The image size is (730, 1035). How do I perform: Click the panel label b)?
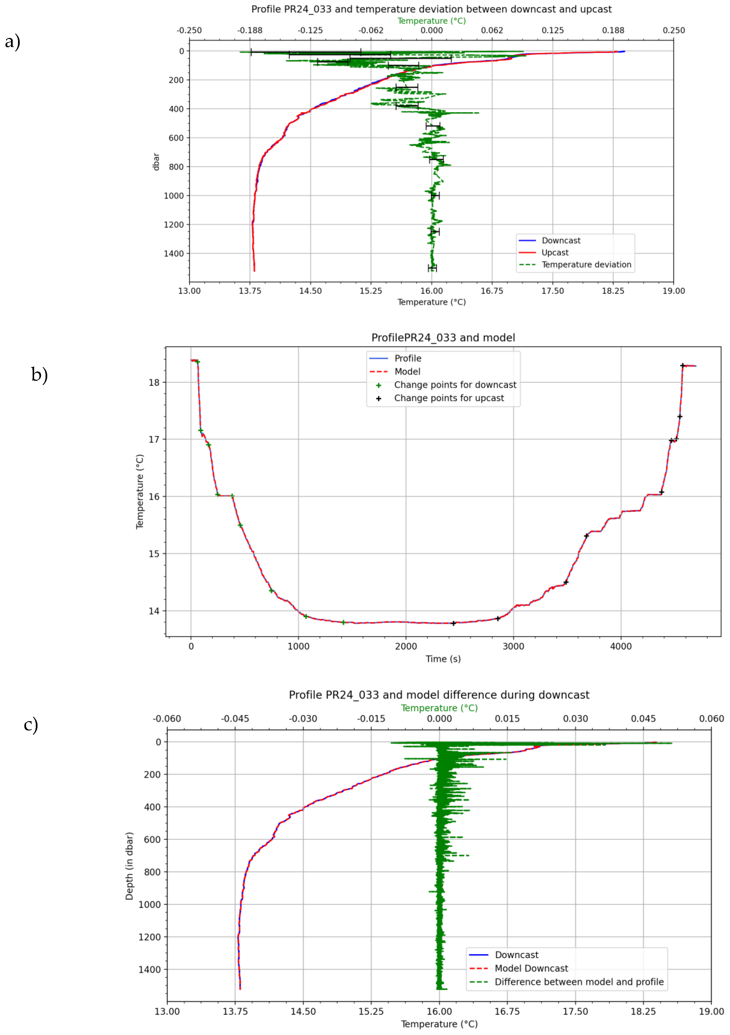coord(39,375)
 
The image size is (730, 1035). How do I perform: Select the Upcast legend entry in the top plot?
coord(555,252)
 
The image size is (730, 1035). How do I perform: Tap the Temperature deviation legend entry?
coord(586,265)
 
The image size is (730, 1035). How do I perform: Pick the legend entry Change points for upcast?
coord(449,398)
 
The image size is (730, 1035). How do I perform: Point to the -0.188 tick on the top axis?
coord(250,30)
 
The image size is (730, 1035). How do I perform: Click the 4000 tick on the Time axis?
coord(620,646)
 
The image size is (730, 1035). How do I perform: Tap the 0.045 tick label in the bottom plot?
coord(643,719)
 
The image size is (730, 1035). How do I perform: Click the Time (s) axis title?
coord(443,659)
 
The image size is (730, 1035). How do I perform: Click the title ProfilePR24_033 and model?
coord(443,338)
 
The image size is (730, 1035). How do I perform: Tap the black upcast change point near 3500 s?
coord(566,582)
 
